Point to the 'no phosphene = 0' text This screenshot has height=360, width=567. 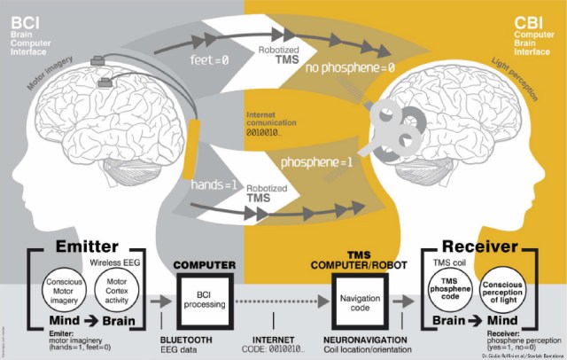(350, 67)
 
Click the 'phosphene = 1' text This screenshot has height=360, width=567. (341, 163)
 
